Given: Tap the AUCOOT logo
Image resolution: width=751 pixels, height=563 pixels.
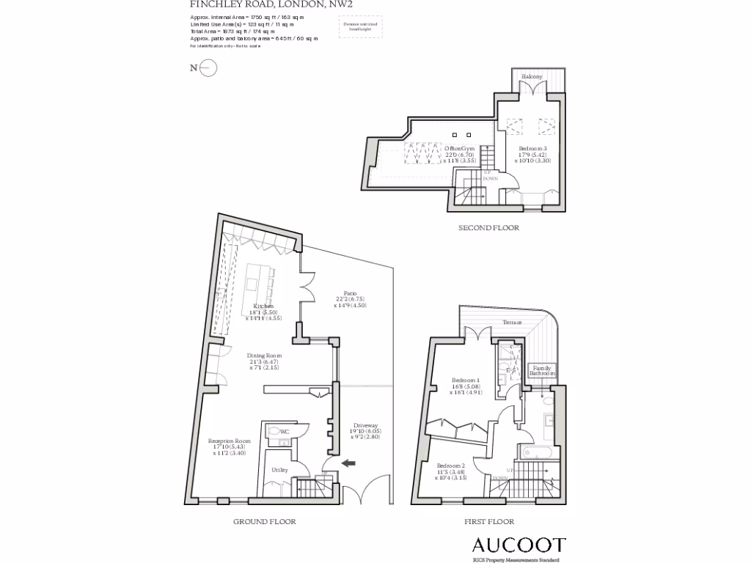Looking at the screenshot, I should pyautogui.click(x=518, y=545).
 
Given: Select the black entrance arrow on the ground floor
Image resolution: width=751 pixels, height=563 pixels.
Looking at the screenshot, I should pyautogui.click(x=348, y=463).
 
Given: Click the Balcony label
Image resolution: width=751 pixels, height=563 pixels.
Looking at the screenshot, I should pyautogui.click(x=532, y=77).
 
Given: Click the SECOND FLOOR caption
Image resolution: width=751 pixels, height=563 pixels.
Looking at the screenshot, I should pyautogui.click(x=488, y=228).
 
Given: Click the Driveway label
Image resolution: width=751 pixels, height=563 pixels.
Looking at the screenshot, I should pyautogui.click(x=365, y=426).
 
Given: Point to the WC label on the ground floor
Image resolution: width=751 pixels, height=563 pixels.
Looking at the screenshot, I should pyautogui.click(x=285, y=433).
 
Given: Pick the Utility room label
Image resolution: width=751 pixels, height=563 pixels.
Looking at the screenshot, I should pyautogui.click(x=279, y=470).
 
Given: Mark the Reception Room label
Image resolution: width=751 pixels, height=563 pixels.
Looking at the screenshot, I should pyautogui.click(x=229, y=441).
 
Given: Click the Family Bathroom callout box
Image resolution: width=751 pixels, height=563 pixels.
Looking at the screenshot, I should pyautogui.click(x=543, y=370).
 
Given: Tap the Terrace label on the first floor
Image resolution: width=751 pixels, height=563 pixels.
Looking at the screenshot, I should pyautogui.click(x=512, y=323).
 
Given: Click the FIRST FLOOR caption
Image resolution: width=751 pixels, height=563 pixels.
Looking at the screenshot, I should pyautogui.click(x=488, y=522).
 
